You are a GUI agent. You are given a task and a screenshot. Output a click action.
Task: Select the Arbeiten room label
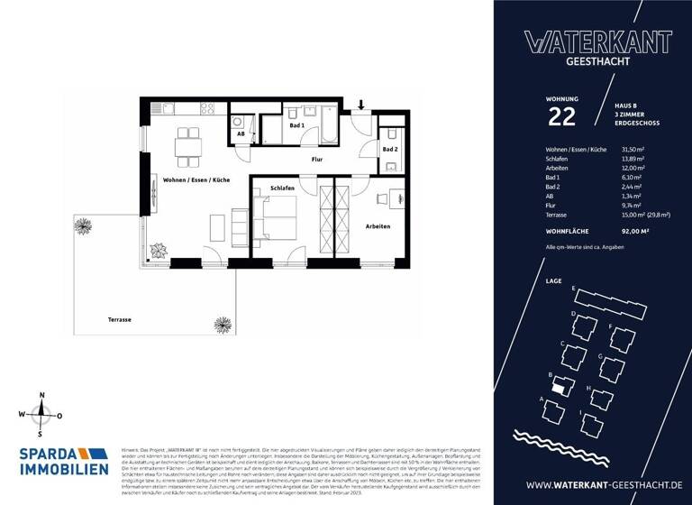(x=378, y=226)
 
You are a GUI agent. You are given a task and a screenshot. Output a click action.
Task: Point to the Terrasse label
(x=120, y=320)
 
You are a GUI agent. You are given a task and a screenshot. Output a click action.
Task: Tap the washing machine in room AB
(x=237, y=121)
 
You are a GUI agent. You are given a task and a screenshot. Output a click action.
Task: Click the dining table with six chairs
(x=188, y=144)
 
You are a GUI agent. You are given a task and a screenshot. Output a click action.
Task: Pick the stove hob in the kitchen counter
(x=206, y=109)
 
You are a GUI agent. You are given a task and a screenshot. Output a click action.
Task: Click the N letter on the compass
(x=41, y=396)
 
